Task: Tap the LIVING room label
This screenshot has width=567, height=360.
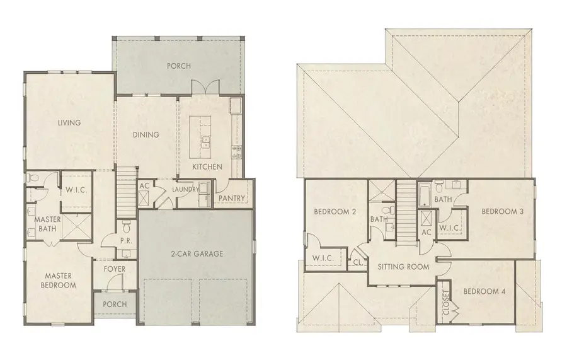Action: pos(69,122)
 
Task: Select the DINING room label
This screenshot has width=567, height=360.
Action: pos(146,134)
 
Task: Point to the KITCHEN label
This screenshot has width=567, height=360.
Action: pos(207,167)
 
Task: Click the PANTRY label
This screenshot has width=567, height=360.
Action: pos(231,198)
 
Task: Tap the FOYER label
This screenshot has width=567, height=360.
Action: pos(114,269)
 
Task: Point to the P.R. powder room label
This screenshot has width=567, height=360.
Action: pos(125,240)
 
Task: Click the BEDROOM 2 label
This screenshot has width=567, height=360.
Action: pos(335,211)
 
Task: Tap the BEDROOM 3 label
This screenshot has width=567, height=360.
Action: pos(503,211)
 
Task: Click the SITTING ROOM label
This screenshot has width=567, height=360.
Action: pos(403,267)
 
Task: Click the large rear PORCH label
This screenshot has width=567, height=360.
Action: pos(178,66)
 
